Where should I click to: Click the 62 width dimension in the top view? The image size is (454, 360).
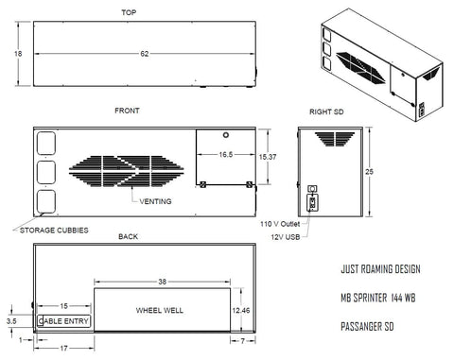click(145, 54)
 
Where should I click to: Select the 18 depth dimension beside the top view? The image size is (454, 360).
click(18, 54)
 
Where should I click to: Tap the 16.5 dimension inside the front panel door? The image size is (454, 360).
click(226, 154)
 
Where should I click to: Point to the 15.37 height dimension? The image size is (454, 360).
click(268, 157)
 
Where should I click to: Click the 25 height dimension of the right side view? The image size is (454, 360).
click(369, 172)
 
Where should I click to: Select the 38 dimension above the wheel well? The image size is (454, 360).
click(162, 282)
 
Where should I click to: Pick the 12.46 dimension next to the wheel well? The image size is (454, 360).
click(241, 311)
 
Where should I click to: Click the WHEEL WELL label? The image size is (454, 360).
click(160, 310)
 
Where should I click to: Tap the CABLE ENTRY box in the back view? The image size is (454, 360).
click(64, 321)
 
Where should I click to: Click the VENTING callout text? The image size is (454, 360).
click(155, 201)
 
